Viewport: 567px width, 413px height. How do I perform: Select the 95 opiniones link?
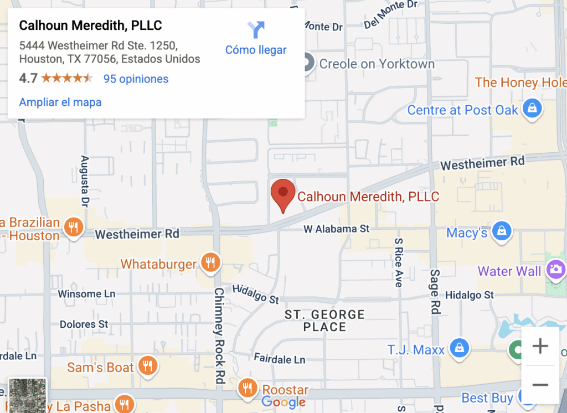136,79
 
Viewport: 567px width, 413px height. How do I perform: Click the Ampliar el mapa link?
60,102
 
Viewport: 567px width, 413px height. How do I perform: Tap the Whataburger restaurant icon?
210,262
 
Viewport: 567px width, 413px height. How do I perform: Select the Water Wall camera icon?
555,270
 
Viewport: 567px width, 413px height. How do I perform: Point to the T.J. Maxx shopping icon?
459,348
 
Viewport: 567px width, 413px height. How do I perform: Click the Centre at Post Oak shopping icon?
532,109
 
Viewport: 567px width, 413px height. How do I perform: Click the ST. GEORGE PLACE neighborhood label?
324,321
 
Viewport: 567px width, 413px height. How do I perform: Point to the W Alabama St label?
337,229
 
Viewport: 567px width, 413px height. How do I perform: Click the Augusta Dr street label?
85,179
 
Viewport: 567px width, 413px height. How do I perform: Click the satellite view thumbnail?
28,395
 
